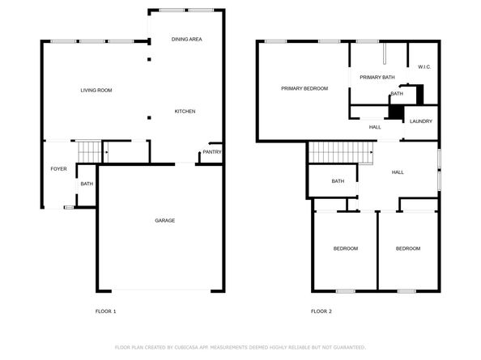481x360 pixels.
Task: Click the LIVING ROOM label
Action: click(96, 90)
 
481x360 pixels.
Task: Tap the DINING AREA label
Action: click(186, 39)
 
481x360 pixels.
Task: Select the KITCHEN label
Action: click(185, 111)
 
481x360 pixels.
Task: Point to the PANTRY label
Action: click(211, 152)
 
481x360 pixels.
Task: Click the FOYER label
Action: click(59, 169)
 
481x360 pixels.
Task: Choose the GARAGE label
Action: click(165, 220)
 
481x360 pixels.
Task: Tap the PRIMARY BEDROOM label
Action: click(304, 88)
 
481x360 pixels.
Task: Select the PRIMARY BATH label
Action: click(377, 77)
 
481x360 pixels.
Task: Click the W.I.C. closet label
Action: click(424, 67)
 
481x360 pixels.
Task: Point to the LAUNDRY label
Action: click(420, 121)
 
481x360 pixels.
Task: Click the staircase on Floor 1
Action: click(88, 150)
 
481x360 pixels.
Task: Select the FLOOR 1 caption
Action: click(106, 311)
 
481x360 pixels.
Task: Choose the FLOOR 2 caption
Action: click(321, 311)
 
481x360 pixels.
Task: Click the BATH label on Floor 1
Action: click(87, 184)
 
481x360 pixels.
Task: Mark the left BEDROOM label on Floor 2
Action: click(346, 248)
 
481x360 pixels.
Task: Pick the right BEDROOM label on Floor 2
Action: click(407, 248)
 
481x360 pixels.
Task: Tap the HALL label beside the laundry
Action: click(375, 127)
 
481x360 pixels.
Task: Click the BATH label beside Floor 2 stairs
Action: click(338, 181)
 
